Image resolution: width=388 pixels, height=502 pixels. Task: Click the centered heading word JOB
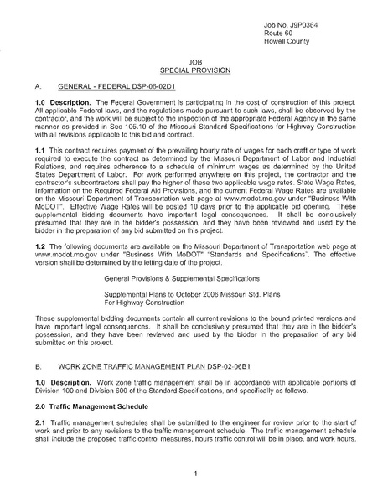tap(194, 63)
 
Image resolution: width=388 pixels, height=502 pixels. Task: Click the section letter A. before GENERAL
tap(39, 86)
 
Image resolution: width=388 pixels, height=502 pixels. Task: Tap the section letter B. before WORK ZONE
tap(39, 343)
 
